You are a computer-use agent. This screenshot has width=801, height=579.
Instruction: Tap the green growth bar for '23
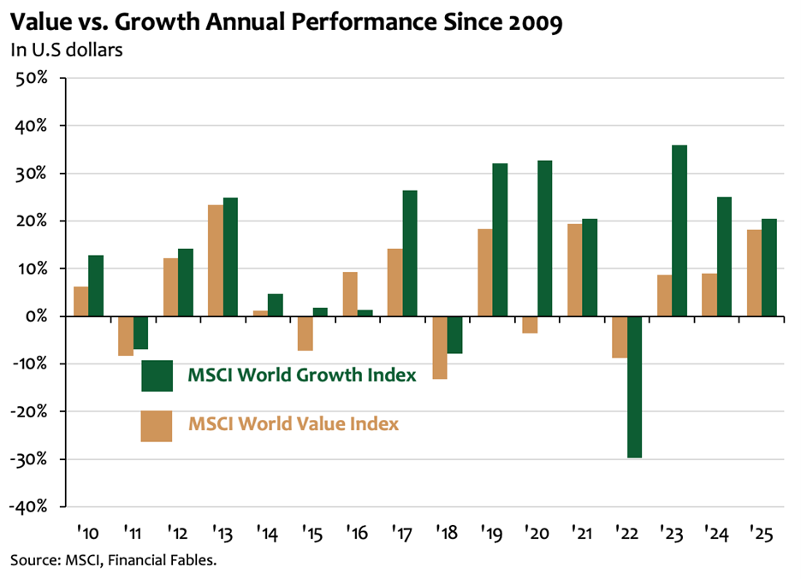[x=679, y=231]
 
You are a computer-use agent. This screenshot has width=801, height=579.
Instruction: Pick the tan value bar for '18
[x=439, y=347]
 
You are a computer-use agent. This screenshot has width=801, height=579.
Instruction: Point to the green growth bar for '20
[x=544, y=239]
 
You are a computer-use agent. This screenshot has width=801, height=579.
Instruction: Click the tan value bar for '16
[x=349, y=294]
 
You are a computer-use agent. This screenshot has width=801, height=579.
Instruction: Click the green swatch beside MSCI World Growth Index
[x=157, y=375]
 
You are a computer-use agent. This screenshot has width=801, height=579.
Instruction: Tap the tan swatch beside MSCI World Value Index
[x=157, y=426]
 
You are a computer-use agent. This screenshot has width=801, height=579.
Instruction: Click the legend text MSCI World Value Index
[x=294, y=423]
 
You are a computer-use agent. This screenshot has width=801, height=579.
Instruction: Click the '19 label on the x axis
[x=491, y=535]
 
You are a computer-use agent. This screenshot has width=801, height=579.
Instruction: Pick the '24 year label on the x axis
[x=716, y=535]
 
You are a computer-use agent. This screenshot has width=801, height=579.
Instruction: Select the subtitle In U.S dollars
[x=66, y=50]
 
